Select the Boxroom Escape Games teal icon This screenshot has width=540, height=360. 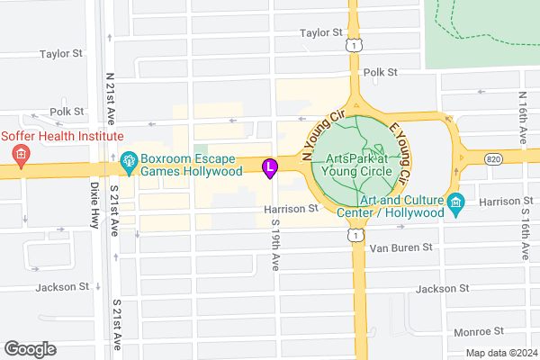(129, 163)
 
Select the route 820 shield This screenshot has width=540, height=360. (490, 157)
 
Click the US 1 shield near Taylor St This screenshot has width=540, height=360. (357, 44)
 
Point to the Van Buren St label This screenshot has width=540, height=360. (402, 247)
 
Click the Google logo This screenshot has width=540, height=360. (30, 349)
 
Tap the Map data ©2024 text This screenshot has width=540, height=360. (500, 352)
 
